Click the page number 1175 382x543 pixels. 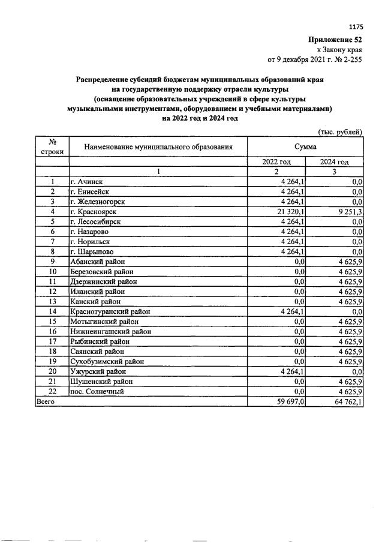pyautogui.click(x=356, y=26)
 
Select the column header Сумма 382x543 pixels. pyautogui.click(x=305, y=146)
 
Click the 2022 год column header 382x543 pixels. pyautogui.click(x=276, y=162)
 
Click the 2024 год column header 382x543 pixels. pyautogui.click(x=335, y=162)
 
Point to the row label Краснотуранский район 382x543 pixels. pyautogui.click(x=110, y=311)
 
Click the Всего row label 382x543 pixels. pyautogui.click(x=46, y=401)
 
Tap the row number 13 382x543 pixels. pyautogui.click(x=53, y=301)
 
